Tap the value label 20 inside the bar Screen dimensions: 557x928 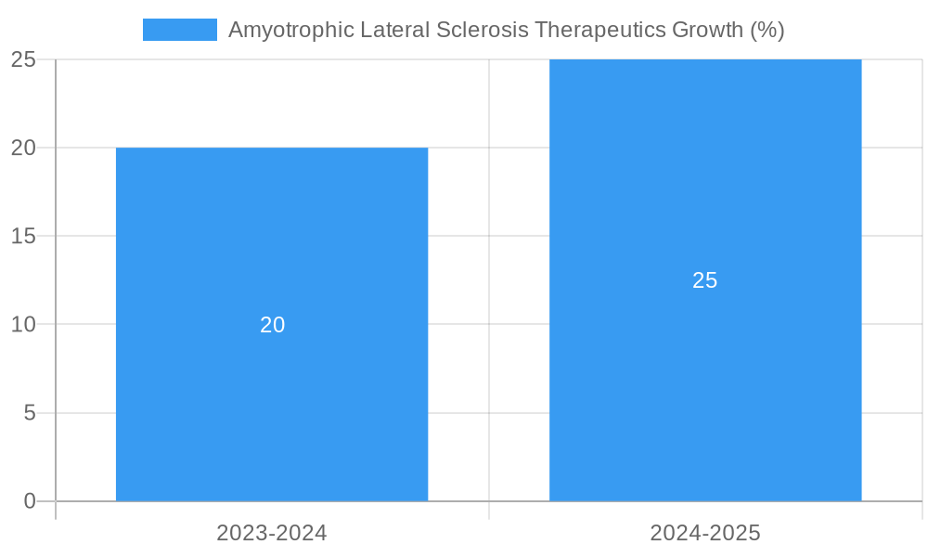[x=272, y=325]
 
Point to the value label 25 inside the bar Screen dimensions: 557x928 [x=705, y=280]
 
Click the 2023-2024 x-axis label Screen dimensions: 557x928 [x=272, y=533]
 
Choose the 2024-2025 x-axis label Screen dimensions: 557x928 [x=705, y=533]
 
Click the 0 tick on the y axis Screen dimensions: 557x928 [x=29, y=501]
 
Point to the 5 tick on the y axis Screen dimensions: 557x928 [x=29, y=413]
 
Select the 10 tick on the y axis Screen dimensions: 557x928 [x=23, y=325]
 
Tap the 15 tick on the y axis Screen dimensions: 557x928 [x=23, y=237]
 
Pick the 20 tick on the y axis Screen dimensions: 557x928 [x=23, y=148]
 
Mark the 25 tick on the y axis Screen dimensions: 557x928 [x=23, y=59]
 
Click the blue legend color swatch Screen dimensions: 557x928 [x=179, y=30]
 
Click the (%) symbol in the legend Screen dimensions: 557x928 [x=767, y=30]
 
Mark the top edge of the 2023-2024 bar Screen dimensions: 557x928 [x=272, y=149]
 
